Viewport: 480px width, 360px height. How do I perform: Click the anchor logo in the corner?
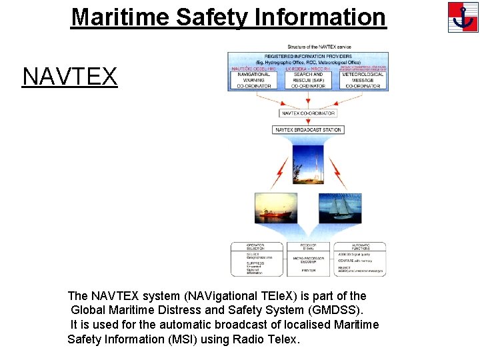(463, 17)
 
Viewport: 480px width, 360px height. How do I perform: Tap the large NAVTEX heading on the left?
(70, 77)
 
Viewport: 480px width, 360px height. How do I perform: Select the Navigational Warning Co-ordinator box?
(254, 80)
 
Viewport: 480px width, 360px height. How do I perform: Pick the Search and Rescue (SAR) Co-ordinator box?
(308, 80)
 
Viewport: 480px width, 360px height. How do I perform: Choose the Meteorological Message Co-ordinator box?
(363, 80)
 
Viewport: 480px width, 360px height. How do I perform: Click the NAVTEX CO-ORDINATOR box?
(308, 113)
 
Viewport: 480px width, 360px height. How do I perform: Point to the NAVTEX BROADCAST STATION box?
(308, 130)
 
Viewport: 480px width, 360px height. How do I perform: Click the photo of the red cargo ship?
(275, 208)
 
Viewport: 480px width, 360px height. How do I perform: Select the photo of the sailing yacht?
(340, 208)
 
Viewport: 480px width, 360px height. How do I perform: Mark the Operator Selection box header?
(256, 247)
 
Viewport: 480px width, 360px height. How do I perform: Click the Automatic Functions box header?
(360, 247)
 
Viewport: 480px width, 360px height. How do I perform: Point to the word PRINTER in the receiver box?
(308, 271)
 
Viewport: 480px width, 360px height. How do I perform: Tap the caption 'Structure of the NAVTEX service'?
(319, 47)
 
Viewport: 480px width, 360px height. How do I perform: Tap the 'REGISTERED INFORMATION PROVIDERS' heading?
(308, 57)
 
